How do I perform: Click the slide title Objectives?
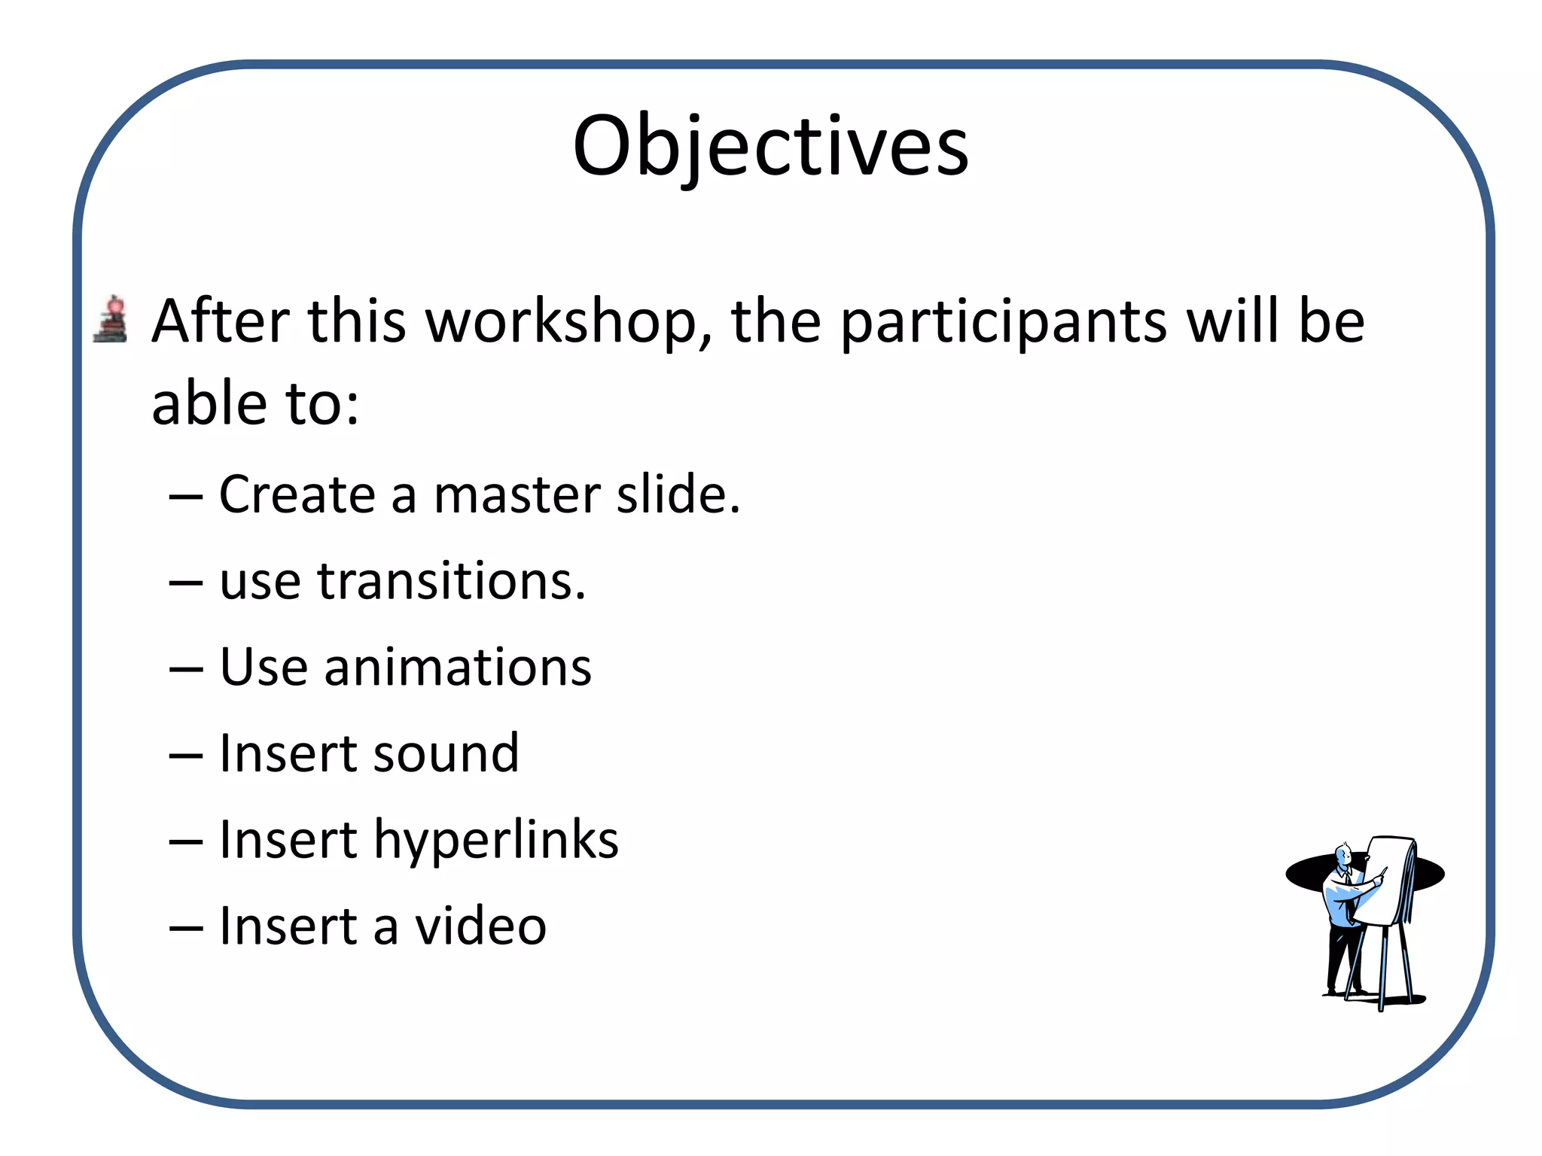[770, 147]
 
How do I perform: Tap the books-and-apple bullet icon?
[111, 320]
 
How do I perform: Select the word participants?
[1003, 323]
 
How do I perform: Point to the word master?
[518, 496]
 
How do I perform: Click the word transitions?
[450, 582]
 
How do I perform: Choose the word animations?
[458, 668]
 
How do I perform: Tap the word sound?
[446, 754]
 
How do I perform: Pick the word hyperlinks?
[496, 841]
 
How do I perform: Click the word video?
[480, 926]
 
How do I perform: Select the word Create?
[297, 496]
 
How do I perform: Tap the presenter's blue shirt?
[1340, 903]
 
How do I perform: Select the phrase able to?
[255, 405]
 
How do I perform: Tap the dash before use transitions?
[186, 583]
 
